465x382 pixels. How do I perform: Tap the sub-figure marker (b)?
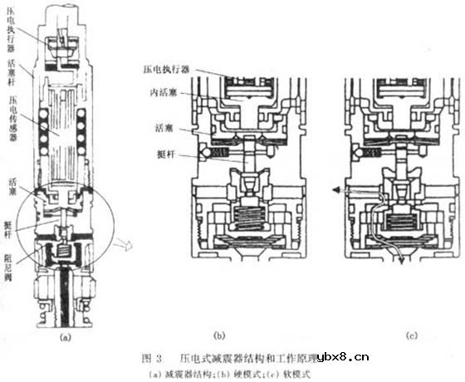pyautogui.click(x=219, y=336)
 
